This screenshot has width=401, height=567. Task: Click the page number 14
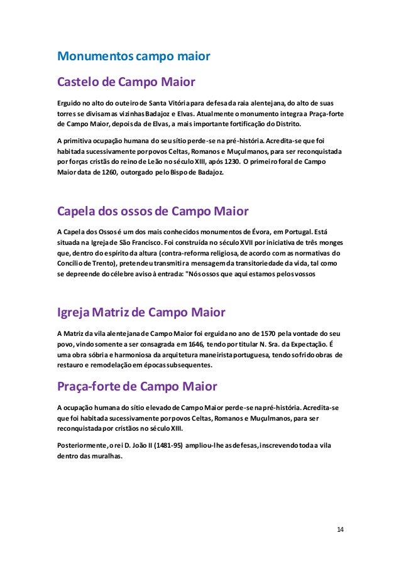tap(340, 529)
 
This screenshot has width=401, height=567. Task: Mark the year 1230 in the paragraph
tap(245, 161)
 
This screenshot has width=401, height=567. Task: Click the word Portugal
tap(295, 230)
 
